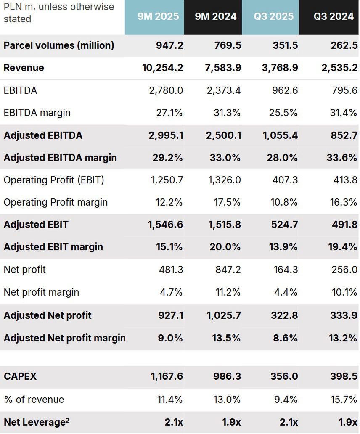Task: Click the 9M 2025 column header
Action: click(158, 16)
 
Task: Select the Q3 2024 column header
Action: click(334, 16)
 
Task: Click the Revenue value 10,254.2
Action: click(163, 68)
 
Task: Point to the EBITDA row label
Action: click(20, 90)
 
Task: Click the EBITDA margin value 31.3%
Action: click(228, 113)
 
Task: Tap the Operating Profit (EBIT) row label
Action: click(54, 180)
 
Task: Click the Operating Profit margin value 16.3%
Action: click(344, 202)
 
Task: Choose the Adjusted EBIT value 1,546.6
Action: click(165, 225)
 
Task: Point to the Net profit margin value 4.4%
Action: click(286, 292)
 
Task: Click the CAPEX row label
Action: click(20, 376)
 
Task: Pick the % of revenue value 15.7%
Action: click(344, 399)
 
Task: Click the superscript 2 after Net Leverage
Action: click(68, 419)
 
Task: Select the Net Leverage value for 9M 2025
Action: click(174, 422)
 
